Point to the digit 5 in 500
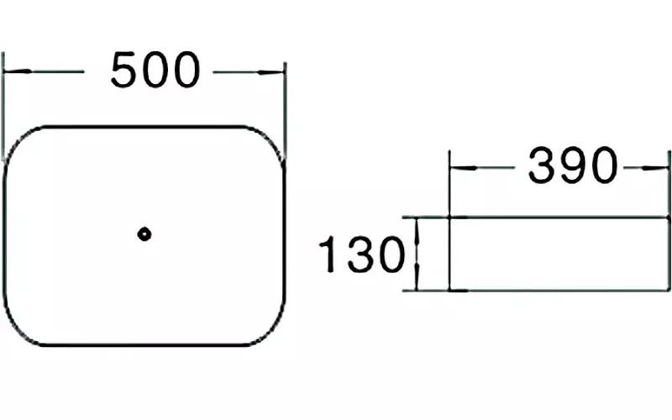coord(126,71)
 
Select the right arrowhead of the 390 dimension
coord(660,168)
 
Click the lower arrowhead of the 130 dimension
coord(417,284)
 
